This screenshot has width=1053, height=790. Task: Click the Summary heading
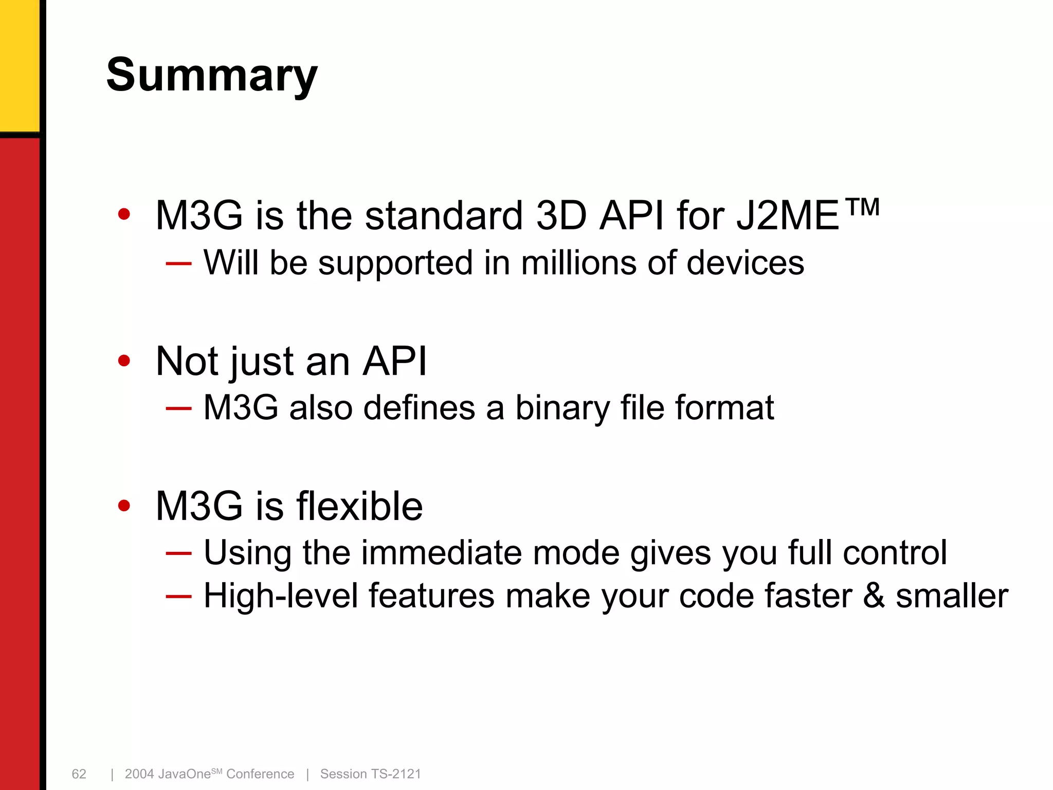pyautogui.click(x=212, y=76)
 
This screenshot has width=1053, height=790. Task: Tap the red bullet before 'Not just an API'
pyautogui.click(x=124, y=361)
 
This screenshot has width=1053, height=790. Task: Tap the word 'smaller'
pyautogui.click(x=952, y=596)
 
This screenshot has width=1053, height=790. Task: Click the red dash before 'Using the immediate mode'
pyautogui.click(x=178, y=553)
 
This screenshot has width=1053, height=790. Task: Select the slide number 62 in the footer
pyautogui.click(x=79, y=774)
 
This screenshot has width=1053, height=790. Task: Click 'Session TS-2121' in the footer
pyautogui.click(x=370, y=774)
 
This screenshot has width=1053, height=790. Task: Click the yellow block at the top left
pyautogui.click(x=19, y=64)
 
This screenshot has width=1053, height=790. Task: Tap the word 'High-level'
pyautogui.click(x=281, y=596)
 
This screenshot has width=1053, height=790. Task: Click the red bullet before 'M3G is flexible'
pyautogui.click(x=124, y=506)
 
